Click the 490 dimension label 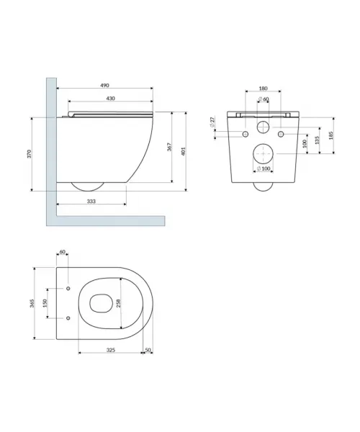pyautogui.click(x=104, y=86)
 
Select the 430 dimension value pyautogui.click(x=110, y=99)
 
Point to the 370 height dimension pyautogui.click(x=30, y=154)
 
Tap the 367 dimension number pyautogui.click(x=169, y=147)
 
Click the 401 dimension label pyautogui.click(x=184, y=151)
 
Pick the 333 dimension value pyautogui.click(x=91, y=202)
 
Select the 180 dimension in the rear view pyautogui.click(x=263, y=89)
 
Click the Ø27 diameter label pyautogui.click(x=212, y=122)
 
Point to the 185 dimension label pyautogui.click(x=330, y=135)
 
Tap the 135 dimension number pyautogui.click(x=317, y=140)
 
